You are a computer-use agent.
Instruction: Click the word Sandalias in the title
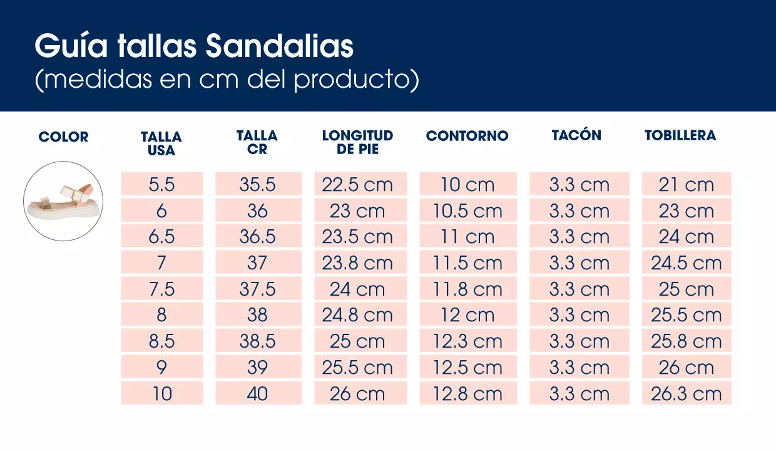[x=280, y=46]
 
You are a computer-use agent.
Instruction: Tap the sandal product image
[x=63, y=201]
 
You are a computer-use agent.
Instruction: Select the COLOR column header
[x=63, y=137]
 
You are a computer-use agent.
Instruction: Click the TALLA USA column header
[x=161, y=143]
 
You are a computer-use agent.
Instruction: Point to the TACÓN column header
[x=576, y=135]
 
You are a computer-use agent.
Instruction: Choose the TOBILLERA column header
[x=680, y=135]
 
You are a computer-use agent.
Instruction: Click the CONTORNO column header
[x=467, y=136]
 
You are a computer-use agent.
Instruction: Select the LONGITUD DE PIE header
[x=357, y=142]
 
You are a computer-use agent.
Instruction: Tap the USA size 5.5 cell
[x=161, y=185]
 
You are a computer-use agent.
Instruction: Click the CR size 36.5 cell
[x=257, y=237]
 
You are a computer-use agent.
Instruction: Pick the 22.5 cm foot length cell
[x=357, y=185]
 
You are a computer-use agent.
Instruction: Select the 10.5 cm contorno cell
[x=467, y=211]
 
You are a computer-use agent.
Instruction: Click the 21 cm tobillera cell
[x=686, y=185]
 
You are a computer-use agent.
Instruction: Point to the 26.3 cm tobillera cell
[x=686, y=394]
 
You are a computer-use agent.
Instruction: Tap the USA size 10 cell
[x=161, y=394]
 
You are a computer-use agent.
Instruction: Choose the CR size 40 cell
[x=257, y=394]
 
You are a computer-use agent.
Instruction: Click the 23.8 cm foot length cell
[x=357, y=263]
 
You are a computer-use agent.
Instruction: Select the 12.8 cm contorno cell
[x=467, y=394]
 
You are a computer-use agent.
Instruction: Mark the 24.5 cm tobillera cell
[x=686, y=263]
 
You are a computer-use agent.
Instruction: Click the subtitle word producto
[x=352, y=80]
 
